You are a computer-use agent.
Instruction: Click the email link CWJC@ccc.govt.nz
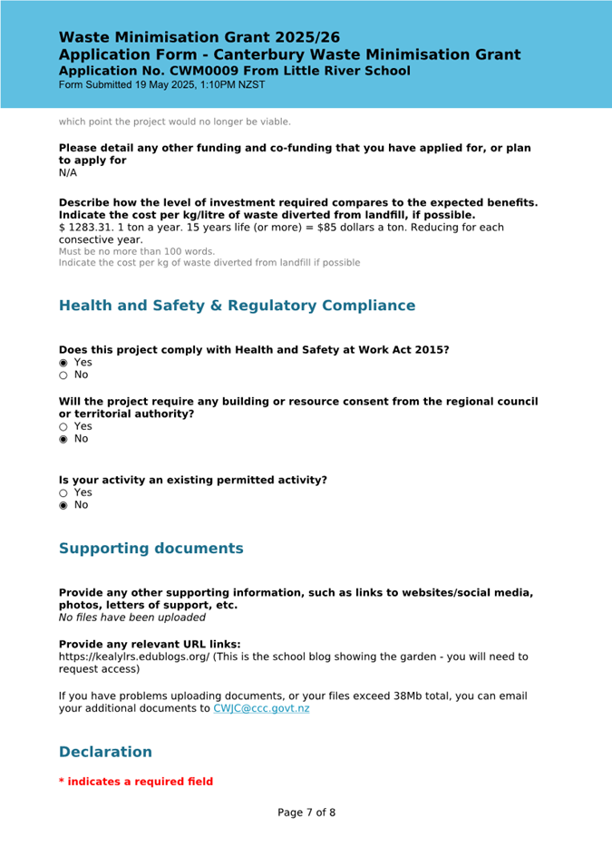[x=261, y=708]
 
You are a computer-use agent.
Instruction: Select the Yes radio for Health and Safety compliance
[x=63, y=363]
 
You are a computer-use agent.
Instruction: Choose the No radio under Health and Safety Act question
[x=63, y=375]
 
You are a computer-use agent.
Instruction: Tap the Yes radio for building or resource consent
[x=63, y=426]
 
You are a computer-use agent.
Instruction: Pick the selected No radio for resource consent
[x=63, y=439]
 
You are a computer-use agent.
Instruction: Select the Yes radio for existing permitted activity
[x=63, y=492]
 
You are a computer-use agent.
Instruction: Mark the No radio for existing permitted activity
[x=63, y=505]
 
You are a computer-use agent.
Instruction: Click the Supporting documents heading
[x=151, y=549]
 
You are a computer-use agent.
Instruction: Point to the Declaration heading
[x=105, y=752]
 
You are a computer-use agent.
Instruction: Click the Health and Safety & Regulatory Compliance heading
[x=237, y=306]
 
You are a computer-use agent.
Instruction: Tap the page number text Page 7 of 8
[x=306, y=812]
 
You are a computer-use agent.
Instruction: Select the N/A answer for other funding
[x=68, y=172]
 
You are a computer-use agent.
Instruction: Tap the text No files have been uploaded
[x=131, y=618]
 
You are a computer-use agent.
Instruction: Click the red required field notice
[x=136, y=782]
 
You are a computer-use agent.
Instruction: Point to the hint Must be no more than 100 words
[x=136, y=251]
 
